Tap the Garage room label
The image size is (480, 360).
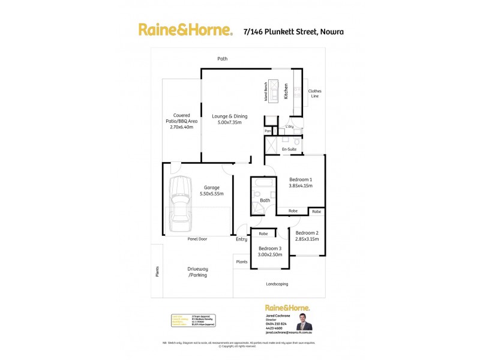coord(211,190)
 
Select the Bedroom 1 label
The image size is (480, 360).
coord(300,183)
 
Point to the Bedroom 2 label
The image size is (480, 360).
coord(307,235)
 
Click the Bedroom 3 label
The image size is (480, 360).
coord(270,251)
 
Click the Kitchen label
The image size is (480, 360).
coord(287,91)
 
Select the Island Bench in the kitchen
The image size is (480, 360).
coord(273,91)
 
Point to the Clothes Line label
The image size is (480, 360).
coord(315,94)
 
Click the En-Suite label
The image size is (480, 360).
coord(290,148)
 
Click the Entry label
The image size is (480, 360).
coord(241,239)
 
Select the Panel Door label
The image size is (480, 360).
coord(197,239)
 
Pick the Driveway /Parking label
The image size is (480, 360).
coord(197,272)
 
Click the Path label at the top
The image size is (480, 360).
coord(223,59)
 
